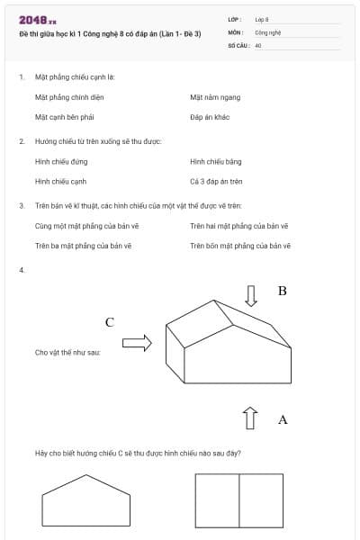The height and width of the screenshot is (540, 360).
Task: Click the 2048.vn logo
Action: click(38, 20)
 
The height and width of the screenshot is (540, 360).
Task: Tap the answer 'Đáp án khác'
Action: click(210, 117)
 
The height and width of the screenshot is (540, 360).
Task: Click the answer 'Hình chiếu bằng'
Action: click(216, 161)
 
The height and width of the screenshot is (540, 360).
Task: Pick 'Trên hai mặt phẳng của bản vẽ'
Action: click(238, 225)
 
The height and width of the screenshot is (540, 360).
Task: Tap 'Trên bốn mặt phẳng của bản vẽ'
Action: click(239, 245)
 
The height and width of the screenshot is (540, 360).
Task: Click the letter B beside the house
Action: click(282, 292)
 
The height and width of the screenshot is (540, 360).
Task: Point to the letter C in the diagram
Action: click(110, 321)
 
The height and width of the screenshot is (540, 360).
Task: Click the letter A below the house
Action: click(283, 419)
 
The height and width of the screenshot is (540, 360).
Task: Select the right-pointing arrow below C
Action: click(136, 342)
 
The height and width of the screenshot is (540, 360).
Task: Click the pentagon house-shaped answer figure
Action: click(85, 502)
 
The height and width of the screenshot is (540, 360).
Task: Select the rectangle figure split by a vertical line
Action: click(238, 501)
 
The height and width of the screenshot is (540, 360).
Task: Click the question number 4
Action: click(21, 270)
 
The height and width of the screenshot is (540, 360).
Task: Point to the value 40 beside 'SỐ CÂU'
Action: click(258, 45)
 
